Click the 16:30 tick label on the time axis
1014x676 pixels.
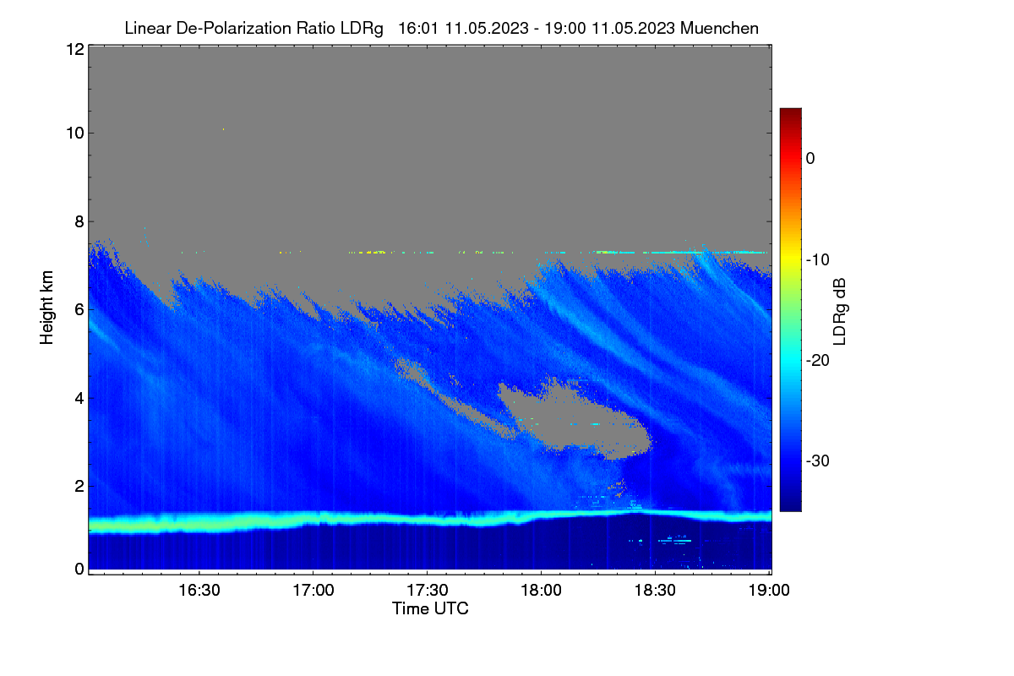click(x=199, y=591)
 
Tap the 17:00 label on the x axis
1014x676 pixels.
click(x=313, y=591)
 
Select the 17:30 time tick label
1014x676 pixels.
click(x=428, y=591)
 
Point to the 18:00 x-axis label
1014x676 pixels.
click(x=541, y=591)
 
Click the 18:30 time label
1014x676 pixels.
click(x=655, y=591)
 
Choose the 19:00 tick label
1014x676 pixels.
click(x=769, y=591)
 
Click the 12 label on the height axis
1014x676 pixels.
click(x=75, y=49)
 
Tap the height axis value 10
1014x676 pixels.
click(x=75, y=134)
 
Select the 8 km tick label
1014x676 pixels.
click(x=79, y=221)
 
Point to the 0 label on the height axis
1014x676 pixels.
click(x=79, y=570)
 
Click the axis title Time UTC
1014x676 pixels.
click(x=430, y=608)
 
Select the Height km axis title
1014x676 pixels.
click(x=46, y=308)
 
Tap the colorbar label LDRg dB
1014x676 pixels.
click(x=839, y=312)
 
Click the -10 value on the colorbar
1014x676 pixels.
click(x=818, y=260)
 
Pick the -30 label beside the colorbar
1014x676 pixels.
click(x=818, y=461)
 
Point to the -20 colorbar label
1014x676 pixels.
click(x=818, y=361)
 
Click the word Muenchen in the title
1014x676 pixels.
click(x=719, y=29)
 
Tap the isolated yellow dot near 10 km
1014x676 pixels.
click(x=223, y=129)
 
